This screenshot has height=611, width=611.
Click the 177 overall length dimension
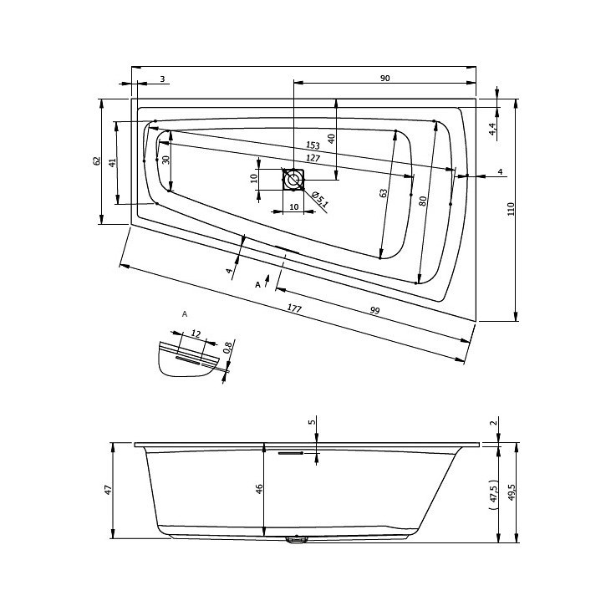294,308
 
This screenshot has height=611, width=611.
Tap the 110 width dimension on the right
512,209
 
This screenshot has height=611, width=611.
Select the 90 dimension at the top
384,78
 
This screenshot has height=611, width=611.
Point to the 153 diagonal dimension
313,145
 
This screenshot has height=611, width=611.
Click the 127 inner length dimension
313,158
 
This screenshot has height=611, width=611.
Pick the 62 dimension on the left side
97,160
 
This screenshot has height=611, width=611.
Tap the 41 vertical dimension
112,163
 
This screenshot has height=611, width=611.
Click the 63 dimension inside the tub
384,193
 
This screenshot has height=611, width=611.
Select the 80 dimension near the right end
423,201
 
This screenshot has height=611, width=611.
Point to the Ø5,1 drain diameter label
320,199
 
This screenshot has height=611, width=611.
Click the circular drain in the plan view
293,180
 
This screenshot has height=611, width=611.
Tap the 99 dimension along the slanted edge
374,310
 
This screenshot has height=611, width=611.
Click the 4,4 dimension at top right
493,129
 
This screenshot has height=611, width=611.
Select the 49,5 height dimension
512,492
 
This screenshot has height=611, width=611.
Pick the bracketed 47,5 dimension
494,495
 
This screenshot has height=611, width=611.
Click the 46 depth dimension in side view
259,489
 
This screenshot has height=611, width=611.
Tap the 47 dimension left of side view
108,490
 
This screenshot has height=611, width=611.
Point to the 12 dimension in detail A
196,334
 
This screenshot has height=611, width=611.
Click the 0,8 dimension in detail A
227,347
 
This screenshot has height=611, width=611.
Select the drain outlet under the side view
297,540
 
